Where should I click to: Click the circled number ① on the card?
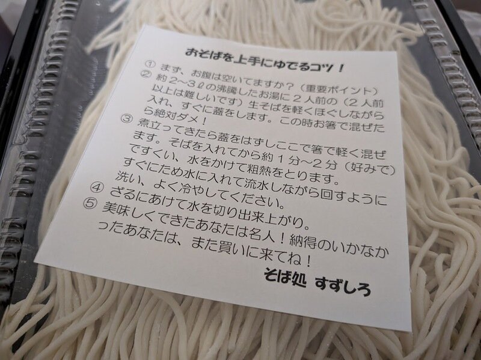tap(149, 65)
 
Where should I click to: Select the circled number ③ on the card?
tap(126, 118)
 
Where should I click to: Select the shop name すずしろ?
tap(343, 286)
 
